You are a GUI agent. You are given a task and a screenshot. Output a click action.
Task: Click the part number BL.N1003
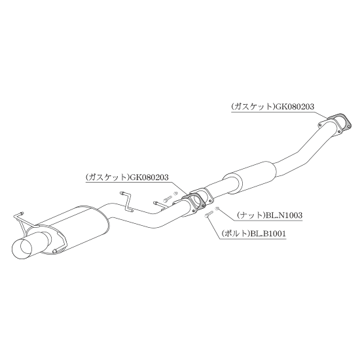284,215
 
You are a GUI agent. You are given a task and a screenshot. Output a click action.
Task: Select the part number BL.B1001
268,234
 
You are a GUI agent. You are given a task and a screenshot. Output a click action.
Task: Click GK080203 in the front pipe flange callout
295,107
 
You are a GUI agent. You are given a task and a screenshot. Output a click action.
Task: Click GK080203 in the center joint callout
149,177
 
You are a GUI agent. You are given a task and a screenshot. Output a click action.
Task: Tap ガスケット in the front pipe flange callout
253,107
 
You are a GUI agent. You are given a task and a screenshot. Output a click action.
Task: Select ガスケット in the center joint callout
108,177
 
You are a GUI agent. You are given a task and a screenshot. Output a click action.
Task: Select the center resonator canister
249,176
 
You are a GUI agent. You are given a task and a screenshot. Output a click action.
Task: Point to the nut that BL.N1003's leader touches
217,208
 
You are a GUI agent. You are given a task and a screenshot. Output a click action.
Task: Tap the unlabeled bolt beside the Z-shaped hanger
168,198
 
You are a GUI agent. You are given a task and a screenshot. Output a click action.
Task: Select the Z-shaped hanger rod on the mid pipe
126,201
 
